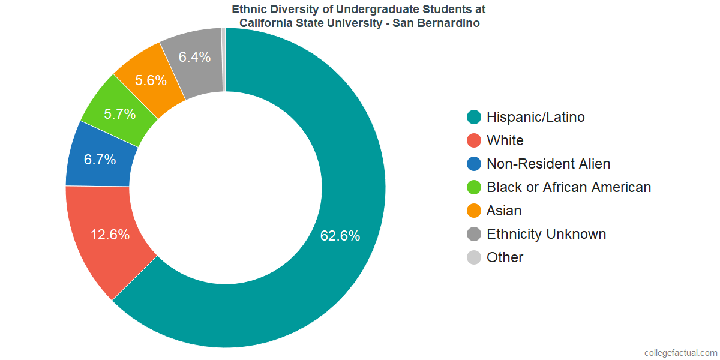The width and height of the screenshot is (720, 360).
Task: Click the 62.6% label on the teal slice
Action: [340, 236]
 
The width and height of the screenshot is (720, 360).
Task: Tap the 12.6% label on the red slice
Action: [110, 235]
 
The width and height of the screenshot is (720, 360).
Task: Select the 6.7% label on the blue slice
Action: [100, 160]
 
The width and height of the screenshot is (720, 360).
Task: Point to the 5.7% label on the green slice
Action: [119, 113]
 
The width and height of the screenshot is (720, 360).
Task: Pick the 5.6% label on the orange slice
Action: [151, 80]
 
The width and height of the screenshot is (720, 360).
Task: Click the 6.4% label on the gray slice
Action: [194, 57]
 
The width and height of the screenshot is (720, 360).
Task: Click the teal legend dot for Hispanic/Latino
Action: [474, 117]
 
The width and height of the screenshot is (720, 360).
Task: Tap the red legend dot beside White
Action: [474, 140]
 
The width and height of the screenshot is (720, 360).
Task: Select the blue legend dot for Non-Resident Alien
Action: [474, 164]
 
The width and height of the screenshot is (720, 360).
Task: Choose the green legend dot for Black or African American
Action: [474, 187]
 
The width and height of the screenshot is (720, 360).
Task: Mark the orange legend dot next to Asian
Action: [474, 211]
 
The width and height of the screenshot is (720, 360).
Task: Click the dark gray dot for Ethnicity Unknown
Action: [474, 234]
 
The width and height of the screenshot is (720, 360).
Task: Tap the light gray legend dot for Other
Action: [474, 257]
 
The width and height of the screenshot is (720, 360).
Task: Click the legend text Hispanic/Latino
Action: [535, 117]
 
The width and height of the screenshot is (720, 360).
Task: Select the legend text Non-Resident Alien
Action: [548, 164]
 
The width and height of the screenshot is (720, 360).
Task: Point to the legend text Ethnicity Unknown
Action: [546, 234]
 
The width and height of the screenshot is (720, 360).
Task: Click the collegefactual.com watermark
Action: [680, 352]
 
